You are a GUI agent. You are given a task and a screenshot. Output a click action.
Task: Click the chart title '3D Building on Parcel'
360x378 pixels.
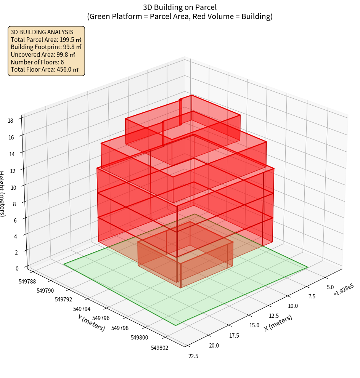click(x=180, y=7)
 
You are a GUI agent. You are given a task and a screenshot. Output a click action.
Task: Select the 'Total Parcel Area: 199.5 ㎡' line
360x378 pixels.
click(x=46, y=40)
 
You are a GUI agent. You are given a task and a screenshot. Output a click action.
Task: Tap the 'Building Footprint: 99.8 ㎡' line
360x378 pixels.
click(x=46, y=47)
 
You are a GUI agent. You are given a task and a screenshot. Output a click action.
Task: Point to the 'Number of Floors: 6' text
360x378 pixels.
click(x=37, y=62)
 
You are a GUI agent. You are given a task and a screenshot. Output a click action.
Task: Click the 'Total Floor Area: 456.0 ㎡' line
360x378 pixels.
click(x=45, y=70)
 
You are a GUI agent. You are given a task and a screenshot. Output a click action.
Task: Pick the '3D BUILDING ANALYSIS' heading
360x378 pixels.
click(x=42, y=32)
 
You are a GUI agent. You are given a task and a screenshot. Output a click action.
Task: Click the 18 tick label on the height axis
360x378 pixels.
click(x=10, y=121)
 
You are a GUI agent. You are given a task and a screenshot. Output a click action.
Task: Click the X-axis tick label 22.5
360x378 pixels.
click(x=193, y=356)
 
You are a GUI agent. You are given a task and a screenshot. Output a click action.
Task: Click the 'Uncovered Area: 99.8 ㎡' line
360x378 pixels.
click(x=43, y=54)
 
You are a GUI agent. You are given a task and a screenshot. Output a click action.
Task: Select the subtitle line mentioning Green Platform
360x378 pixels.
click(x=180, y=16)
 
